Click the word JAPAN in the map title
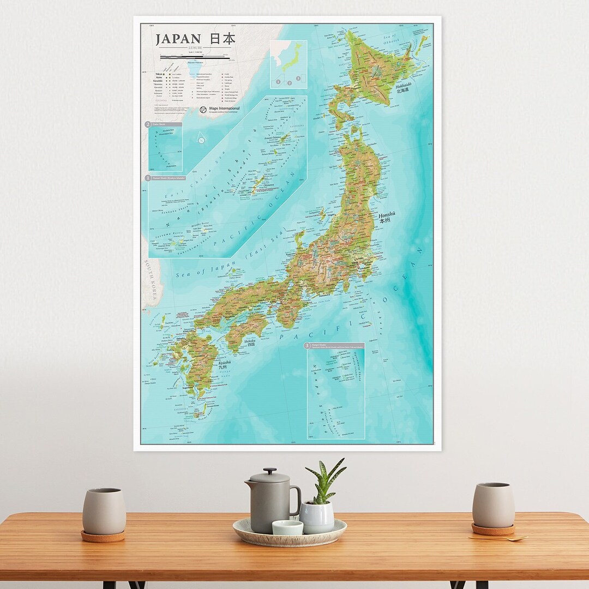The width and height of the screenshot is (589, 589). [178, 40]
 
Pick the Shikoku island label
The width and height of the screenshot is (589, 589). [250, 343]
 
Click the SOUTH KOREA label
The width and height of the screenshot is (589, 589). [151, 280]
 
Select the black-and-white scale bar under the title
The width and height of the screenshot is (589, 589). [194, 56]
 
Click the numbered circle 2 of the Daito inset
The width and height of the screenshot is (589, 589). [148, 124]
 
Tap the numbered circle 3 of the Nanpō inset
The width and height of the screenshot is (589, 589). [308, 346]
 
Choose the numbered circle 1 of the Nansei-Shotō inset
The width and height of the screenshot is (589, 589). [148, 178]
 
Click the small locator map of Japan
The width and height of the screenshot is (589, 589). [288, 64]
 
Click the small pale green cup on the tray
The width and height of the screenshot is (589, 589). [287, 527]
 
